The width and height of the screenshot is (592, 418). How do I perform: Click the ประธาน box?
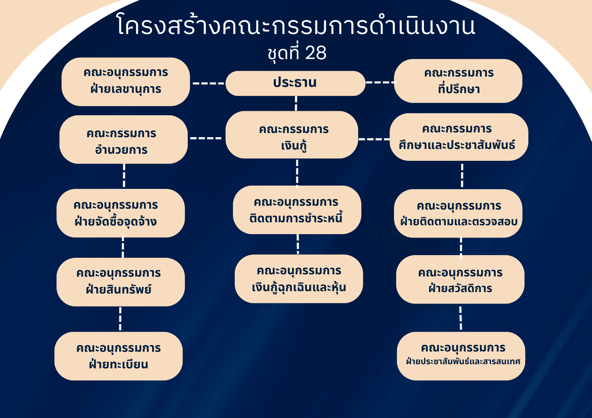click(295, 83)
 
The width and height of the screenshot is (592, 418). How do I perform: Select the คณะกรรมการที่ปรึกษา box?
click(458, 81)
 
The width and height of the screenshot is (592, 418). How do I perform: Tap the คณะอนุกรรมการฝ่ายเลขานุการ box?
click(126, 82)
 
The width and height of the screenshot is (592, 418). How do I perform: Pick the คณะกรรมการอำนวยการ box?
click(124, 140)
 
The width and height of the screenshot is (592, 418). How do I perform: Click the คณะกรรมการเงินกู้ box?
click(292, 135)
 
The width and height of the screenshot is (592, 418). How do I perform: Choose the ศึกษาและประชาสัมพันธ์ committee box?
click(459, 137)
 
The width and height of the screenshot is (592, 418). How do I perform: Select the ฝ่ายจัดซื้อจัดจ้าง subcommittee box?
click(121, 213)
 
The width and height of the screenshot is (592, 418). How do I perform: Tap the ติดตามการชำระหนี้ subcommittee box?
click(297, 210)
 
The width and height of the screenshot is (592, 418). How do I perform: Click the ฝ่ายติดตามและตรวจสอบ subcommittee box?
click(458, 213)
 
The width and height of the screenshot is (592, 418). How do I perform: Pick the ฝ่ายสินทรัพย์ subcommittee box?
click(121, 282)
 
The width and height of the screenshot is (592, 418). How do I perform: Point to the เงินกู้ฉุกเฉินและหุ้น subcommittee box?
click(299, 279)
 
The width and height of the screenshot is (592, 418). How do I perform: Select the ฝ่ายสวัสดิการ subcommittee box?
click(460, 279)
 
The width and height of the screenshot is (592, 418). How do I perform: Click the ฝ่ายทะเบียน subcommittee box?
click(119, 356)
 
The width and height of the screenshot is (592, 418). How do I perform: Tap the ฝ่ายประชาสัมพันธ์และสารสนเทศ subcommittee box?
click(461, 356)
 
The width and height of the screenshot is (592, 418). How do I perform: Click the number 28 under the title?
click(316, 53)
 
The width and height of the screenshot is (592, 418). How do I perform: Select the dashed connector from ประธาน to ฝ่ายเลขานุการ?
click(208, 83)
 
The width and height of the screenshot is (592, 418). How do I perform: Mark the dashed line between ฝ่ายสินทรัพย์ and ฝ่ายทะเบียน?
click(120, 319)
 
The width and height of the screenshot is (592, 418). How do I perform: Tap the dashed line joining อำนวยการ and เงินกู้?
click(206, 138)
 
